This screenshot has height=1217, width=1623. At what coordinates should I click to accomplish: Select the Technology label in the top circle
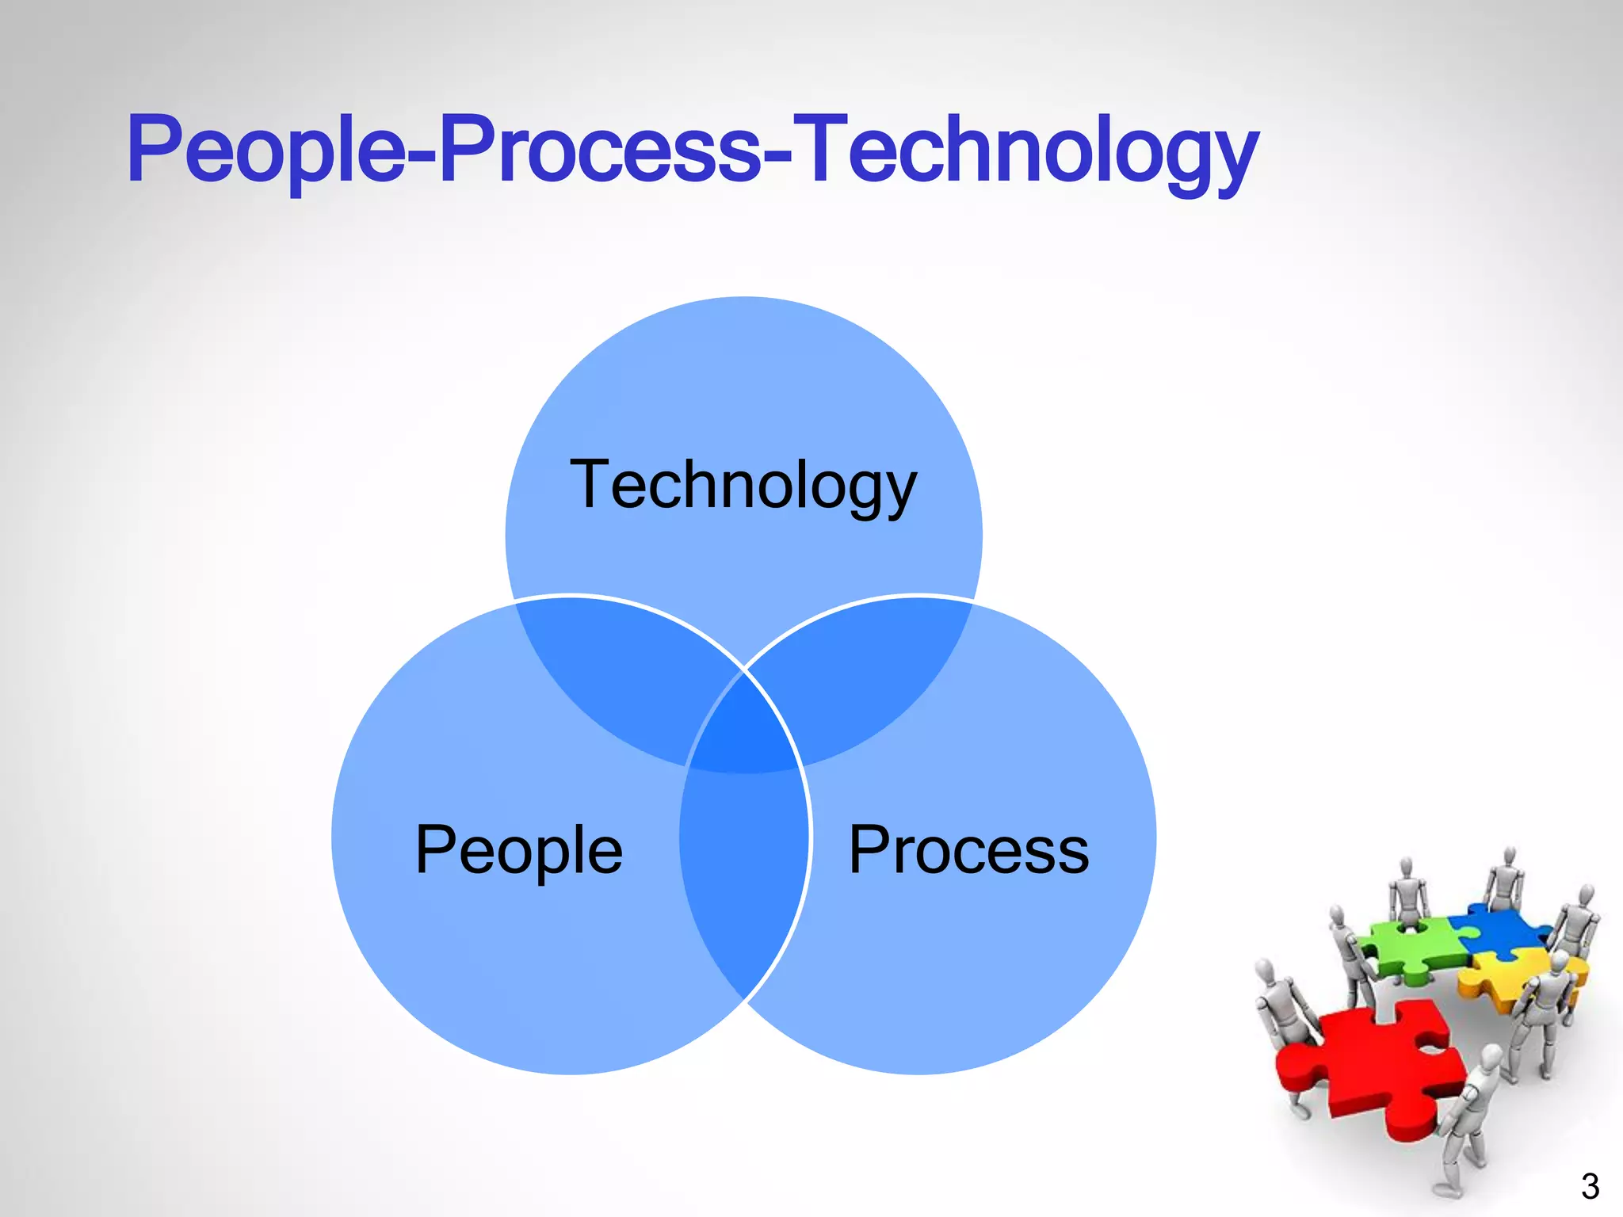coord(743,485)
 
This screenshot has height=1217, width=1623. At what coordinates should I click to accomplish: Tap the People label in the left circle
coord(519,849)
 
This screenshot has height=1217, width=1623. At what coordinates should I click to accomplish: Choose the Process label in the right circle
coord(968,849)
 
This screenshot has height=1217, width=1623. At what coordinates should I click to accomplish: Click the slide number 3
coord(1589,1186)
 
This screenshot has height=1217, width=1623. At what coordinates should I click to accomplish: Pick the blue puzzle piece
coord(1498,927)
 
